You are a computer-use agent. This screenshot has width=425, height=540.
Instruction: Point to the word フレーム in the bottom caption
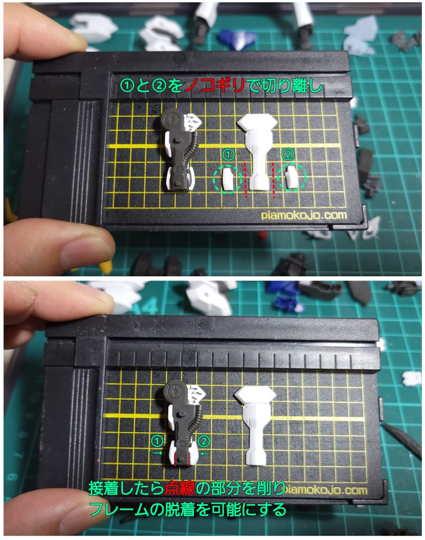127,510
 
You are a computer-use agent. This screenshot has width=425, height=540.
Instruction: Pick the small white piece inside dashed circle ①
227,178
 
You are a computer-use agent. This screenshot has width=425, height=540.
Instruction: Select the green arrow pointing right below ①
157,452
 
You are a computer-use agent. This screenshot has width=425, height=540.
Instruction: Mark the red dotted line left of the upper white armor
246,180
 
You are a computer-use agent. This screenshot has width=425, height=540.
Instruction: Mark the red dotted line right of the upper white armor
273,180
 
